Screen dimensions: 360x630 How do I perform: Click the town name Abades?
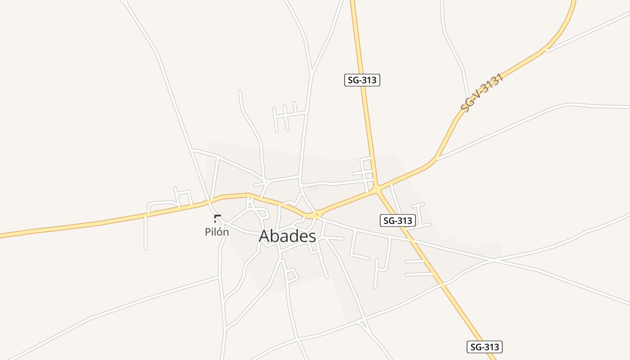[287, 236]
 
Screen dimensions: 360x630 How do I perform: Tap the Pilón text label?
[217, 232]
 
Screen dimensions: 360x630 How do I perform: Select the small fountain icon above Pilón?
[217, 219]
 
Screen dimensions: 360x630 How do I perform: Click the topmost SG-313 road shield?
[362, 80]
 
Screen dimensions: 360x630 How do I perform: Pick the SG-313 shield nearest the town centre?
[398, 220]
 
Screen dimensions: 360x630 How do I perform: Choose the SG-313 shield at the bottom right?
[484, 347]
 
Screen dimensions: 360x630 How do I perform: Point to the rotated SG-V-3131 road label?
[481, 94]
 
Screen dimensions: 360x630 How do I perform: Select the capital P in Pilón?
[208, 232]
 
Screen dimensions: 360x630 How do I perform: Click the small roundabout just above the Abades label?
[317, 214]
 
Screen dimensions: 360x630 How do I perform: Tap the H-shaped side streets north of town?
[285, 117]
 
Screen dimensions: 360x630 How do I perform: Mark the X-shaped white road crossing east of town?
[493, 260]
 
